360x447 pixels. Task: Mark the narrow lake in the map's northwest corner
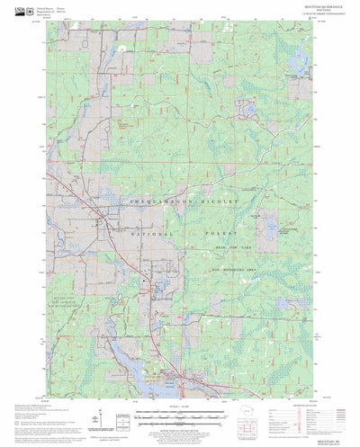(120, 44)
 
